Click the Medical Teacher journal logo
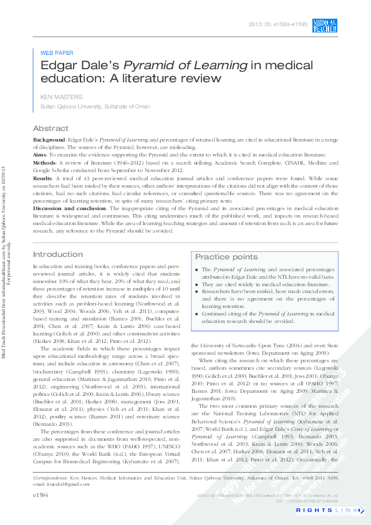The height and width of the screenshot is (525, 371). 325,26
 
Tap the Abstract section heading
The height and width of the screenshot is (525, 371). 51,128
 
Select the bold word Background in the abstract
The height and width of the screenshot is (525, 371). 49,141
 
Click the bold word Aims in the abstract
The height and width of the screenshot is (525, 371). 40,153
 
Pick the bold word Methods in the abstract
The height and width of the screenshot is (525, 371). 45,161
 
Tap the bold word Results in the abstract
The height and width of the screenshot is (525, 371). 43,178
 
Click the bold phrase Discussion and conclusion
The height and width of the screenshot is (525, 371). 70,208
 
